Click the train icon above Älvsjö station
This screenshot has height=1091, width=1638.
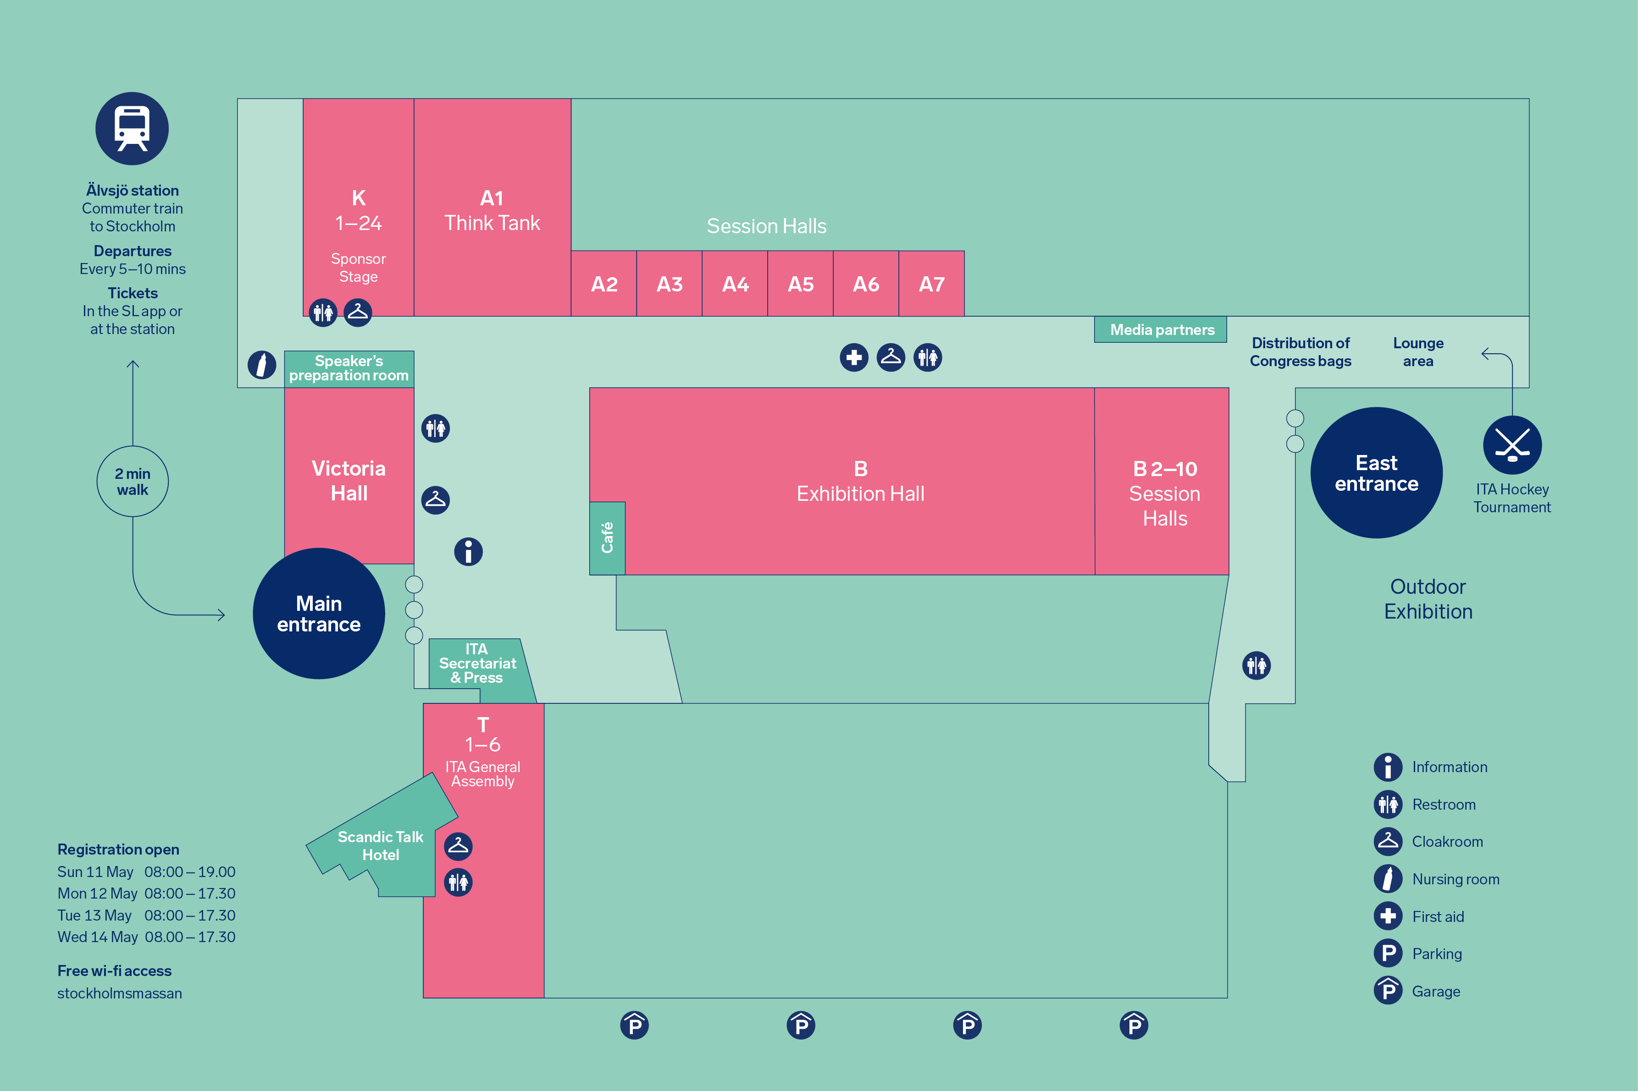132,129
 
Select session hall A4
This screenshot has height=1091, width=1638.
735,284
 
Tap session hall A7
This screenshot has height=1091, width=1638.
931,284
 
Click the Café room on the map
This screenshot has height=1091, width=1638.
607,538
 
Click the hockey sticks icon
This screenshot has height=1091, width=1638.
1512,444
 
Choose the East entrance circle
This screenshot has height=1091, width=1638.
1376,473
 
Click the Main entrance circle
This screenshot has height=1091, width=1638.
319,614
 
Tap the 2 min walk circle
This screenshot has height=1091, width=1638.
132,482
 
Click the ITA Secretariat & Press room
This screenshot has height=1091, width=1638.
477,664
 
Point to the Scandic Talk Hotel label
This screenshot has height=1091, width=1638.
380,845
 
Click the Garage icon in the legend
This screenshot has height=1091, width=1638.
1387,991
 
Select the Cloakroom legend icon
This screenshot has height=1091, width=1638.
1387,841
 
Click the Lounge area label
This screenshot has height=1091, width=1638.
1417,352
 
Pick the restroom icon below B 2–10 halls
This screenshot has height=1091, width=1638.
1256,665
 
